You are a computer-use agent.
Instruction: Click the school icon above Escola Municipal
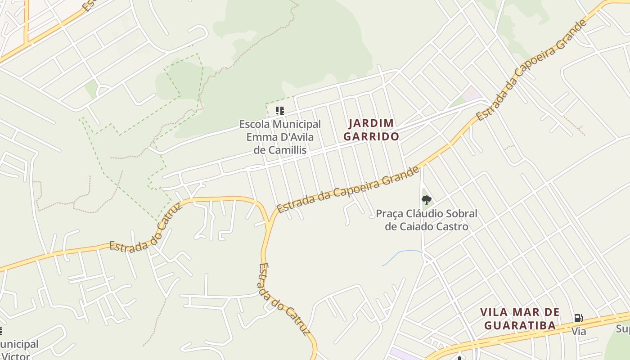280,110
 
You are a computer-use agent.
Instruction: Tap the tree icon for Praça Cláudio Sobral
426,200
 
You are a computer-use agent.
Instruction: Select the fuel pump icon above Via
578,318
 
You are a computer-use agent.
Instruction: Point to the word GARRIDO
371,136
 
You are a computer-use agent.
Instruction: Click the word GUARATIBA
519,325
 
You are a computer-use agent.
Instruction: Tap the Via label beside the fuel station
579,332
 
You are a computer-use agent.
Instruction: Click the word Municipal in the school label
297,124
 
